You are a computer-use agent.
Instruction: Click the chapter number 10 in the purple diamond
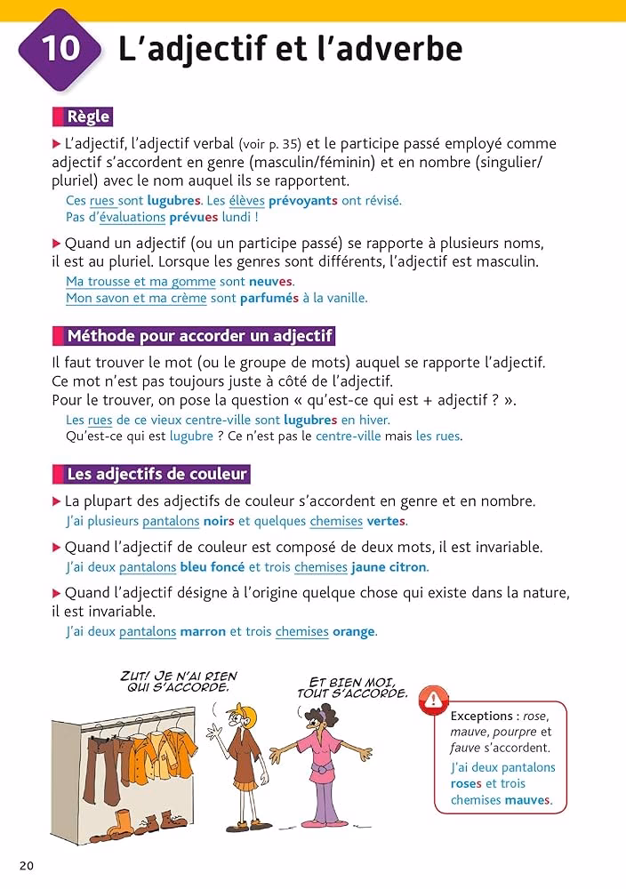tap(60, 48)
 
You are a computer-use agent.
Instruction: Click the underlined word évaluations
tap(132, 217)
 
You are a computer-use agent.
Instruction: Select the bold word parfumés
tap(269, 299)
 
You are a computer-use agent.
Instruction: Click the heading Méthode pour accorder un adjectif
tap(199, 336)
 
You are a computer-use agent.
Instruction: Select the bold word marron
tap(203, 632)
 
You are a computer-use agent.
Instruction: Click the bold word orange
tap(353, 632)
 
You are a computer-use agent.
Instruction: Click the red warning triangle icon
tap(433, 700)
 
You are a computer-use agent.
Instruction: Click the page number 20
tap(26, 866)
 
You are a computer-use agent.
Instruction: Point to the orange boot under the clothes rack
tap(124, 820)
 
